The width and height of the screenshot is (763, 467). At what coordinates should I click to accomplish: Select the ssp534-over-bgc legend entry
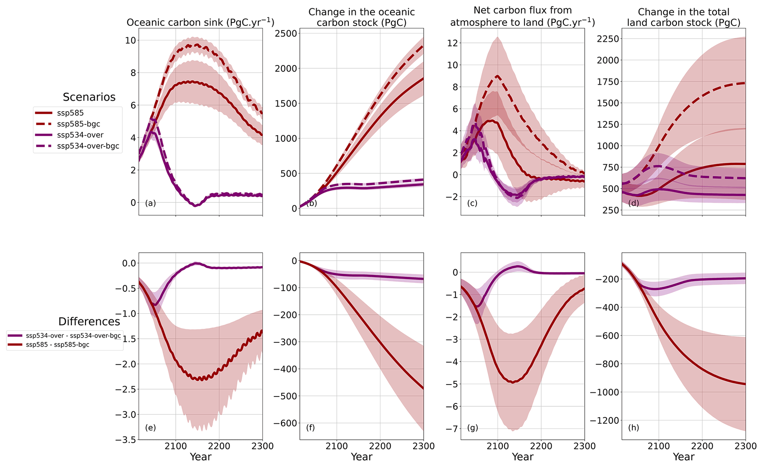[x=88, y=146]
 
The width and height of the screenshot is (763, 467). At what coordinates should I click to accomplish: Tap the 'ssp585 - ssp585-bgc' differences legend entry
[x=57, y=345]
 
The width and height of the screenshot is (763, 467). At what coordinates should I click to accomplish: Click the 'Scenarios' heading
[x=89, y=97]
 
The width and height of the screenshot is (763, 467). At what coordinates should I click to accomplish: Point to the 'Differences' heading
[x=89, y=321]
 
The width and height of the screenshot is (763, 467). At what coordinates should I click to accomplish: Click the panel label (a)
[x=150, y=203]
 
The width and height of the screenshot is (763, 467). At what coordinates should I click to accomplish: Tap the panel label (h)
[x=633, y=428]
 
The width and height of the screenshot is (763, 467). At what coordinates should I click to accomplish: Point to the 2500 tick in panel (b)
[x=286, y=33]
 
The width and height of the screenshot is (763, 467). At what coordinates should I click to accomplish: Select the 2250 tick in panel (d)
[x=608, y=38]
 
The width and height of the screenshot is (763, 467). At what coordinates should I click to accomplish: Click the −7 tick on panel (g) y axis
[x=451, y=429]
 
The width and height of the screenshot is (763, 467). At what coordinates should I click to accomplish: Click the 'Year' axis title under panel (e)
[x=200, y=457]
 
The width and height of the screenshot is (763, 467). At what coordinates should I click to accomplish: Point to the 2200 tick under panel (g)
[x=541, y=446]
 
